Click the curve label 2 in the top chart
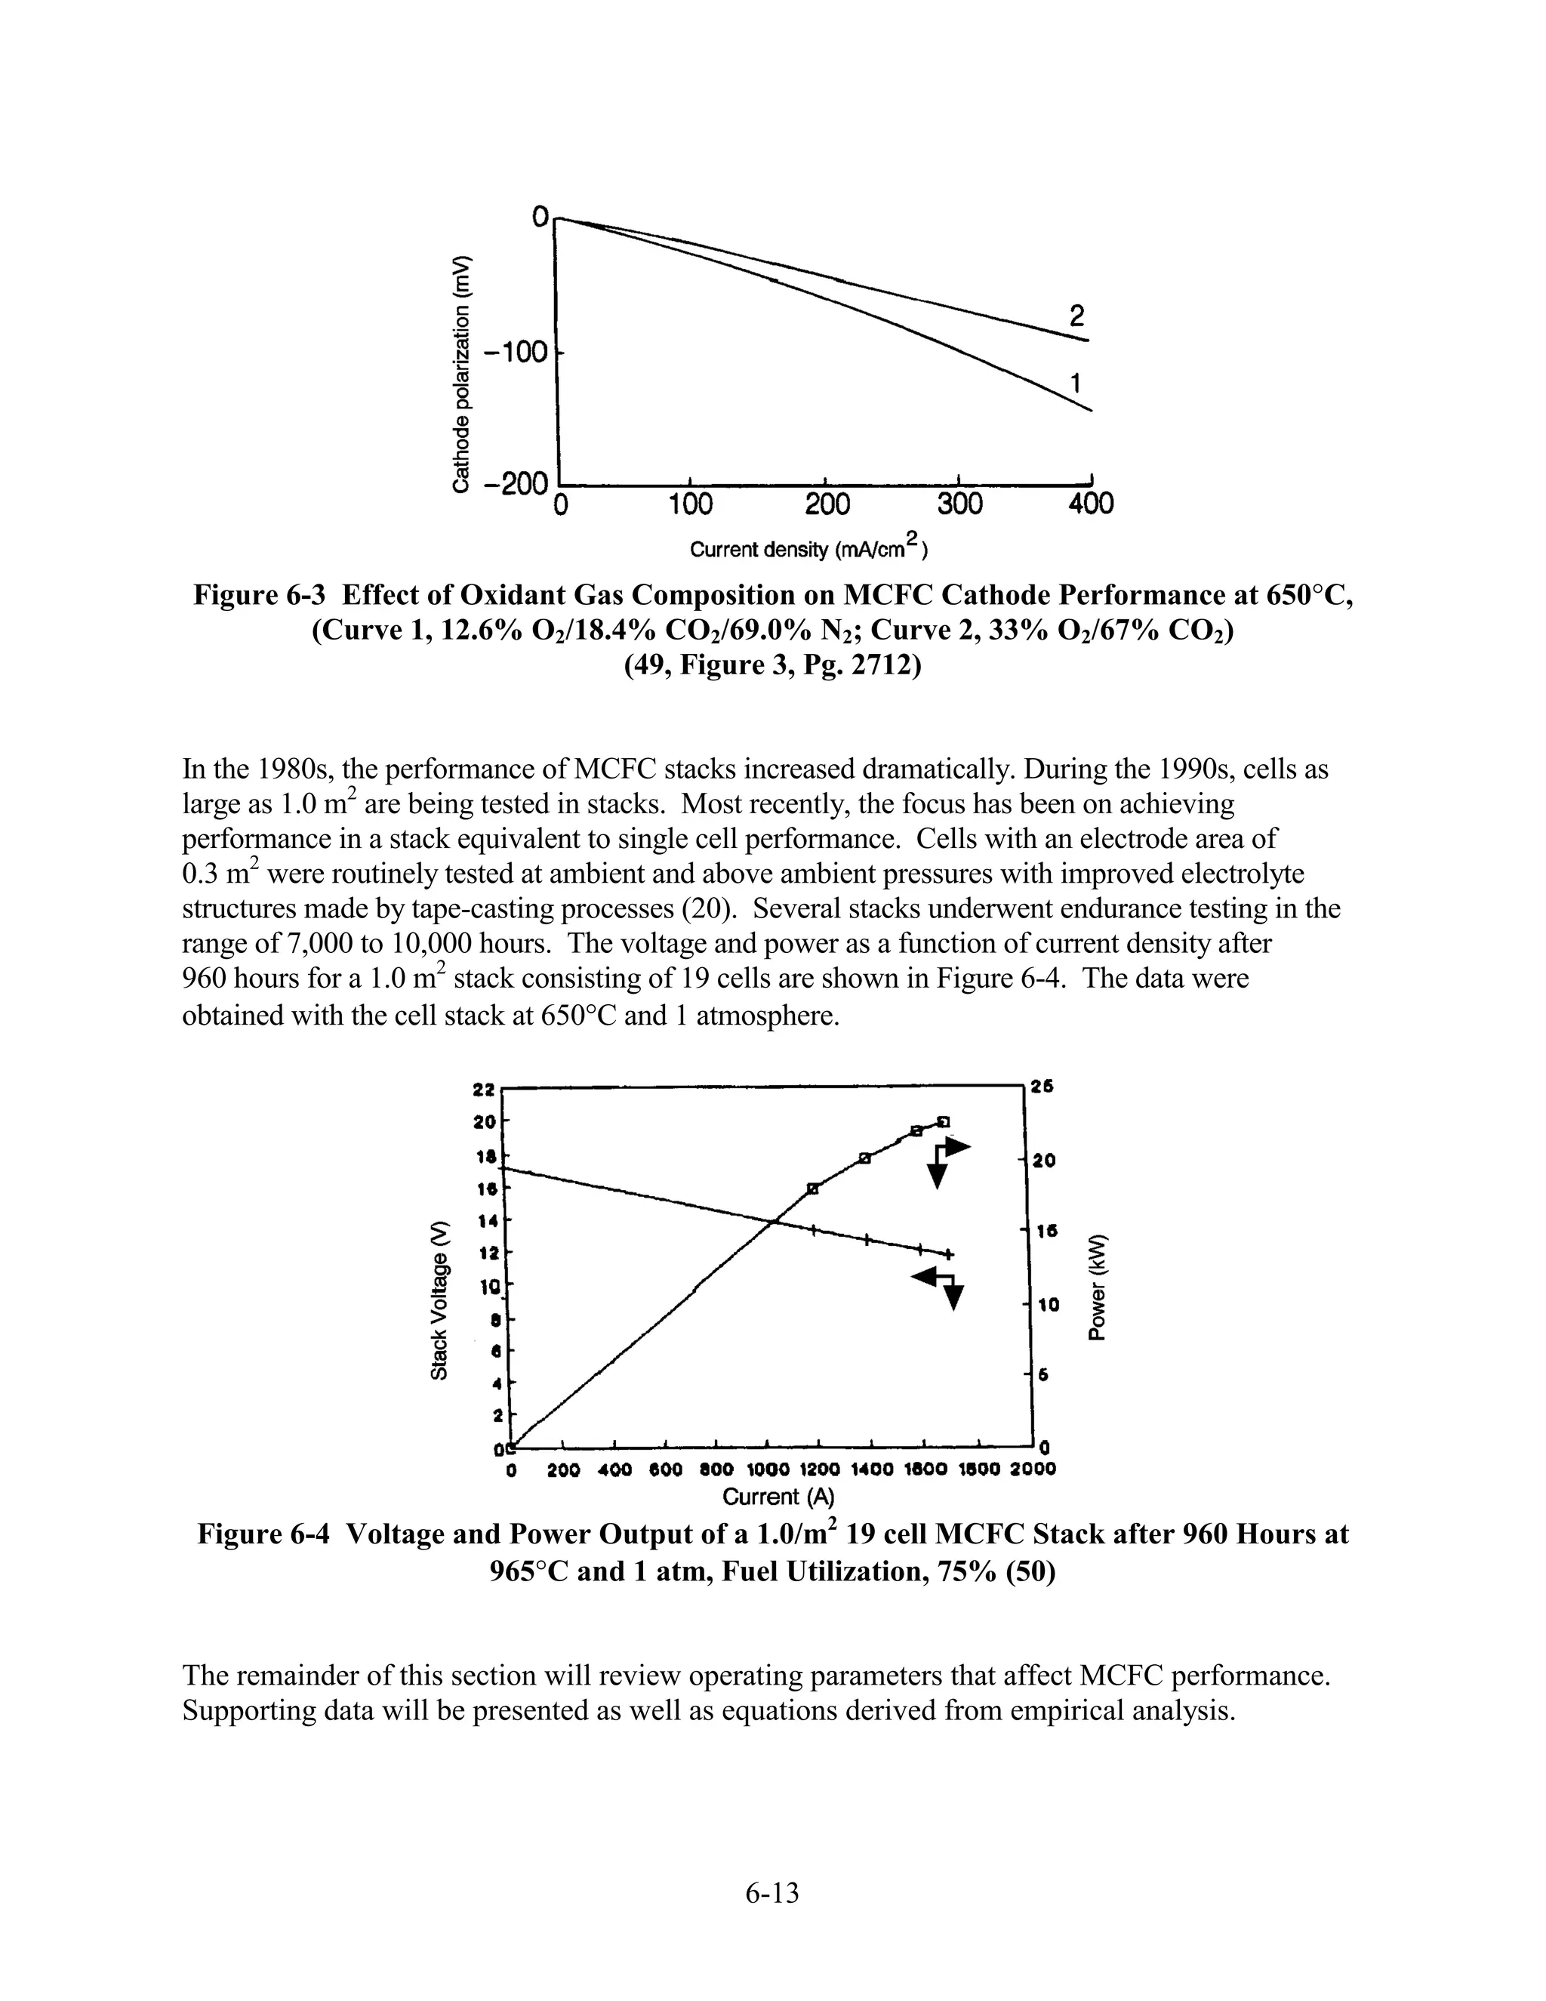click(1077, 316)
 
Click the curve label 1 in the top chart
click(1077, 383)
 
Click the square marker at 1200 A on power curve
click(812, 1189)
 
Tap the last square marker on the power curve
click(944, 1121)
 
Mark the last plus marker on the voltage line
click(949, 1253)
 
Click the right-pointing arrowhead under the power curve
click(958, 1146)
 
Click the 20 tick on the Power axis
click(1044, 1161)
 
